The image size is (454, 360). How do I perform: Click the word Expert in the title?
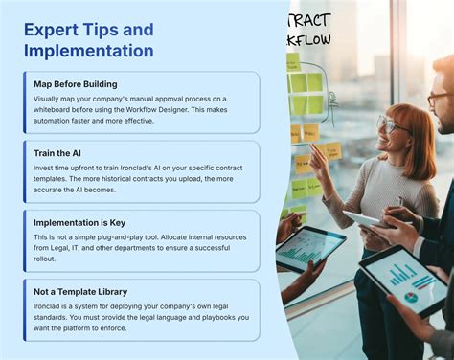52,29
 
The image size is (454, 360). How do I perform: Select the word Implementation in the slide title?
88,51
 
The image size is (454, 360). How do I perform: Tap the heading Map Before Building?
75,83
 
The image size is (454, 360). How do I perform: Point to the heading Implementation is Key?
79,222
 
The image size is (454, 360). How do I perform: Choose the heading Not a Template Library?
80,291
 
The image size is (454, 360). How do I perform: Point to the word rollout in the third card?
47,259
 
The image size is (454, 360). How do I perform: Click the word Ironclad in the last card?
48,305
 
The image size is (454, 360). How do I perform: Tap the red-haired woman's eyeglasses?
391,125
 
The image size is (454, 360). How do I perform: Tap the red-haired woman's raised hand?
317,158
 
